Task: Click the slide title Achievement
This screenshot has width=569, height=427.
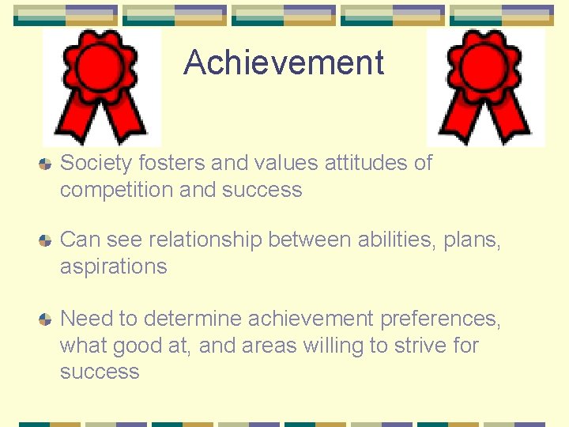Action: coord(284,63)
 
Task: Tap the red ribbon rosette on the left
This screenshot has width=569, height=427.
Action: coord(101,87)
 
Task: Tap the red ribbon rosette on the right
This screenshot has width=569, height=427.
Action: coord(485,87)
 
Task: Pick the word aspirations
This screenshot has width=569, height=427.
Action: coord(113,266)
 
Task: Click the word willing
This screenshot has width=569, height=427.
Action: coord(341,346)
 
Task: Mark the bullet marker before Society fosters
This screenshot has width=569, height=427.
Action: coord(46,164)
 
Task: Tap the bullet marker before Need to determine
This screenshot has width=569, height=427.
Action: coord(46,319)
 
